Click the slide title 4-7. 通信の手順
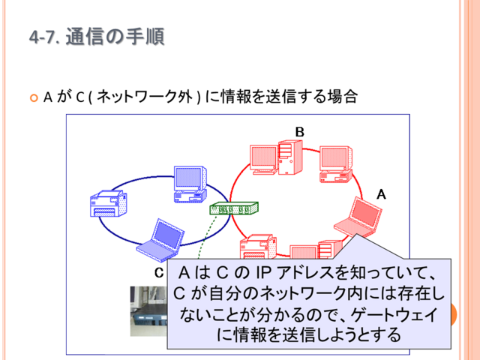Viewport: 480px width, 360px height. click(97, 37)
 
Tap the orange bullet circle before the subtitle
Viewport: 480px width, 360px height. click(34, 98)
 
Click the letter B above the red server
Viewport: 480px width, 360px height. click(300, 132)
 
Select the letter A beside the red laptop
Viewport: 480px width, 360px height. click(381, 194)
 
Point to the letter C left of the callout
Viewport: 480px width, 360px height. click(159, 273)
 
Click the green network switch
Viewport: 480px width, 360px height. click(234, 208)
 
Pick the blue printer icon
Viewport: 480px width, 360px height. click(109, 203)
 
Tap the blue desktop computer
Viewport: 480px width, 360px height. click(190, 184)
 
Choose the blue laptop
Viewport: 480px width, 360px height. click(160, 241)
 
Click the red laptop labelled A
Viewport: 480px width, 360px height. click(358, 218)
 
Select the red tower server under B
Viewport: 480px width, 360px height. click(290, 157)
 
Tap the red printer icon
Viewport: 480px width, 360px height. click(258, 247)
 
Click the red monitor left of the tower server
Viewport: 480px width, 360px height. click(264, 160)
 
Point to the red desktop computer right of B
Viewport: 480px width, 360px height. click(336, 164)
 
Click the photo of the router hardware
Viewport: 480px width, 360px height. click(148, 311)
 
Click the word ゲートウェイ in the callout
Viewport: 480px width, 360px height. click(394, 314)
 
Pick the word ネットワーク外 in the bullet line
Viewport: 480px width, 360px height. click(145, 97)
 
